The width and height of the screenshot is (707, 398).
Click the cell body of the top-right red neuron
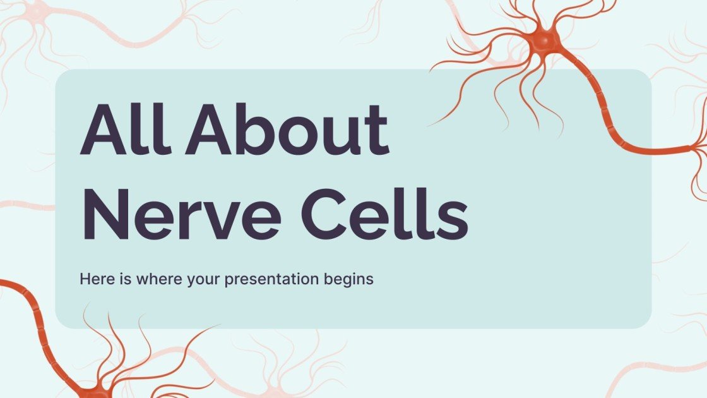tap(547, 40)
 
